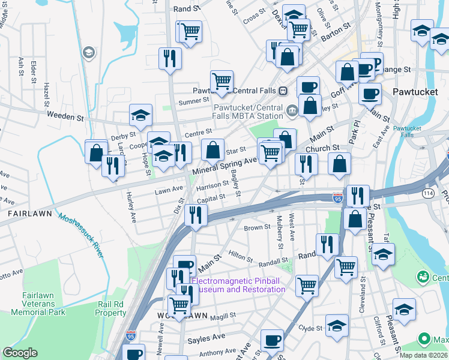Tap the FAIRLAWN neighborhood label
click(x=23, y=214)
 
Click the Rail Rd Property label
click(x=111, y=308)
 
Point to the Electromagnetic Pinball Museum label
click(x=238, y=285)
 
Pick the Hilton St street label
click(x=241, y=256)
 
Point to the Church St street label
click(x=322, y=148)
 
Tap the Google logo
click(x=20, y=353)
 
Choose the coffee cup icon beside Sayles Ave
click(x=272, y=340)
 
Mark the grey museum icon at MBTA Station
click(x=292, y=110)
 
